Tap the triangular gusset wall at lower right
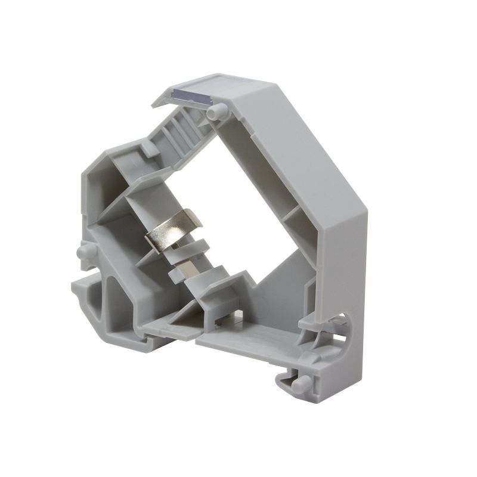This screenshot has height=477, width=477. [280, 286]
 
